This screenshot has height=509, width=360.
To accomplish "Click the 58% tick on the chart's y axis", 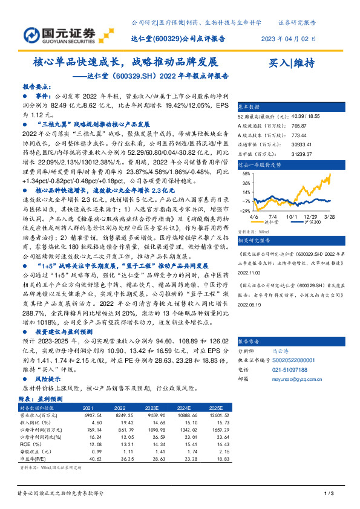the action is [x=246, y=173].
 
